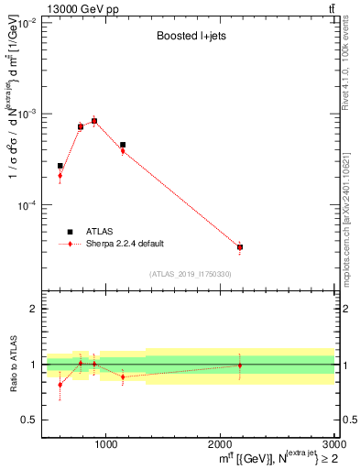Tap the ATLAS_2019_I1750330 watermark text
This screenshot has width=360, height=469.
click(190, 274)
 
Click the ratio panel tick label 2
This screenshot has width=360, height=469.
click(33, 310)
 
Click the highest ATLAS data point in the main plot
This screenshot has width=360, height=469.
click(93, 120)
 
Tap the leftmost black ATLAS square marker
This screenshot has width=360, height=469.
click(60, 166)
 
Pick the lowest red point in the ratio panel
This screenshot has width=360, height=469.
click(60, 385)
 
